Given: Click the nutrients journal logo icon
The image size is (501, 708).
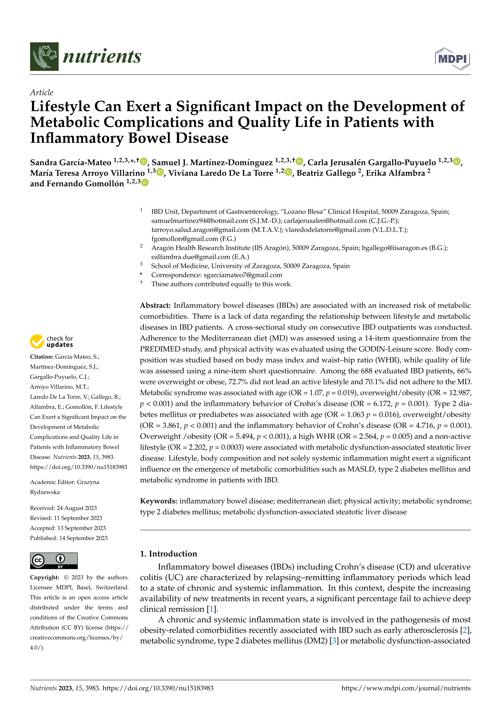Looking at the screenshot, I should point(44,57).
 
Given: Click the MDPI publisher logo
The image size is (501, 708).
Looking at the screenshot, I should point(452,59).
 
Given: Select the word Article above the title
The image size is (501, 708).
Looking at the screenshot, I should point(41,92).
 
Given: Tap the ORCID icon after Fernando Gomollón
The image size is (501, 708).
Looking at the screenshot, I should point(145,183).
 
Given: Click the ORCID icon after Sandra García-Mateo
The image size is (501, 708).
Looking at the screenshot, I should point(143,161).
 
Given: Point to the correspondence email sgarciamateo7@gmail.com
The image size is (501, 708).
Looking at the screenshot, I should point(243,275).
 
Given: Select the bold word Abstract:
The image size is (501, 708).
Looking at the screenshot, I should point(155,306).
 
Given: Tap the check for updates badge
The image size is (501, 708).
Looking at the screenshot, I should point(52,341).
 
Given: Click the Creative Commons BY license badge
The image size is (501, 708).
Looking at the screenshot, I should point(54,561).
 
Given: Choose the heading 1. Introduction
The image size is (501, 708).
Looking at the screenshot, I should point(168,554).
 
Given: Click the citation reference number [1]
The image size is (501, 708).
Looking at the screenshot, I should point(211,609).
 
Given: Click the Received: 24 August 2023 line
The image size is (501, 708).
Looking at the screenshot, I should point(63,508).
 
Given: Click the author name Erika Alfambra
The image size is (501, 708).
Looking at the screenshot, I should point(396,173).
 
